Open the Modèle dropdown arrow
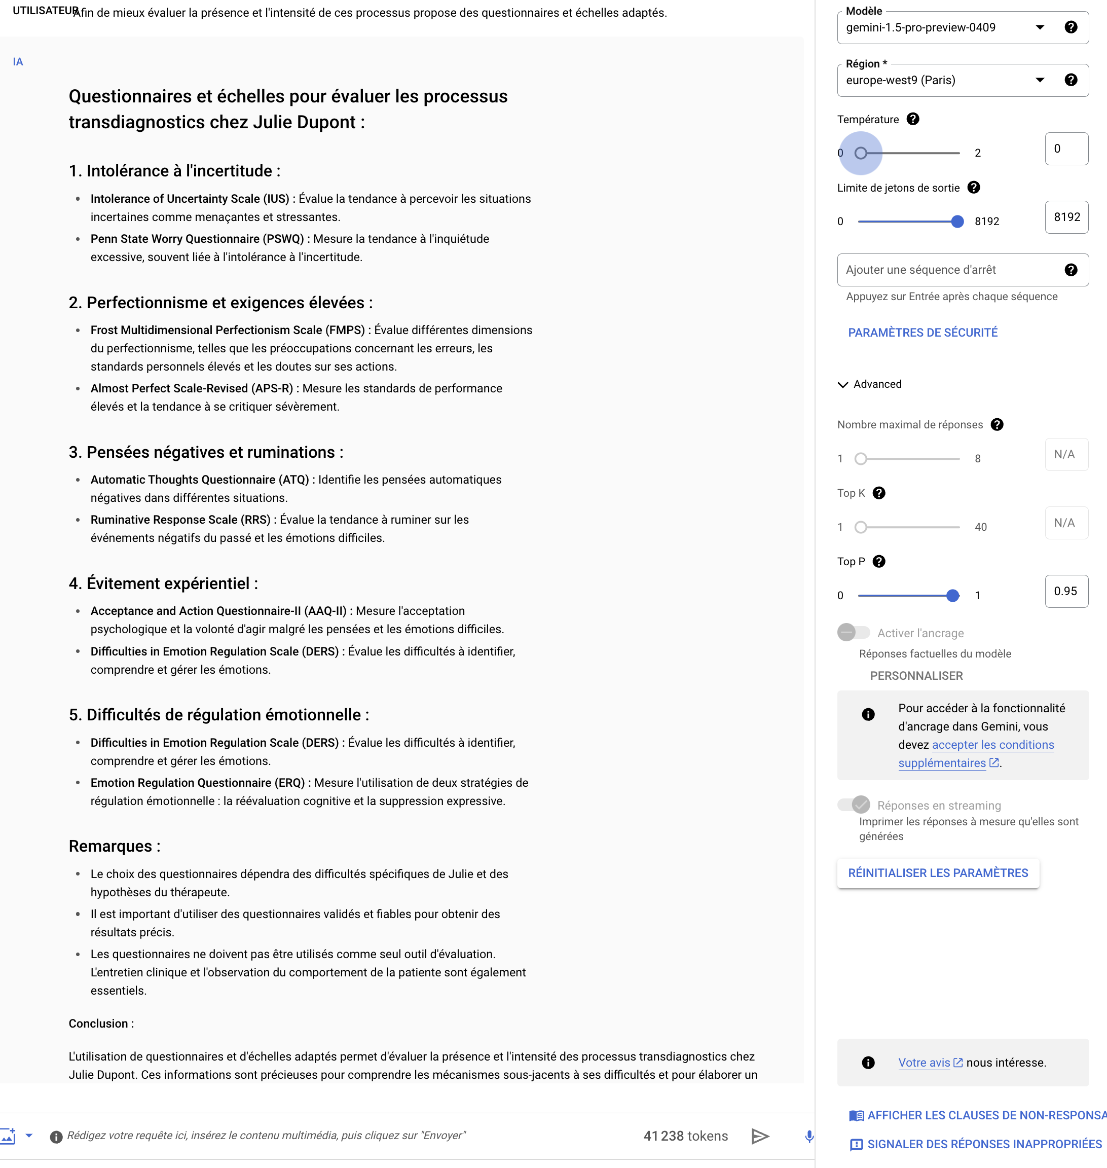[1040, 27]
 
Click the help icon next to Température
[913, 119]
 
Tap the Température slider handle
[861, 154]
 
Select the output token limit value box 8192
[1066, 217]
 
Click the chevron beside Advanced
[842, 385]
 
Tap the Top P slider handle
[952, 596]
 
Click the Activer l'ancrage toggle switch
[853, 633]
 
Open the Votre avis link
[924, 1063]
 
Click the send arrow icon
[760, 1136]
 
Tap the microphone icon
[809, 1137]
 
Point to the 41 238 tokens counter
[685, 1136]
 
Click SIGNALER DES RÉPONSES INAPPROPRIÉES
[984, 1144]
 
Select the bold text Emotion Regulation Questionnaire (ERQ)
[197, 783]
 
